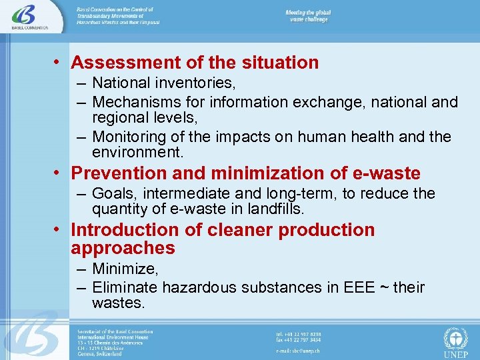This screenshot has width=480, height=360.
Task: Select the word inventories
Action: tap(193, 84)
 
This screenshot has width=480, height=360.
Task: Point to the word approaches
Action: tap(123, 249)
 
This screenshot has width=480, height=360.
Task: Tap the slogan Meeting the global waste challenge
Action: tap(309, 16)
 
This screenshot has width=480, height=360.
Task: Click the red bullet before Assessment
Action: tap(59, 63)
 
